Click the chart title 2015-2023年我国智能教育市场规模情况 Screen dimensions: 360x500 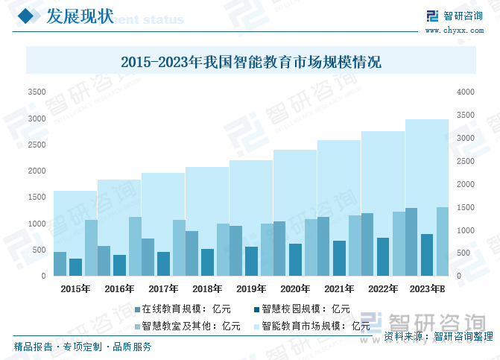250,62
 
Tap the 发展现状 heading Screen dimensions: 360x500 80,16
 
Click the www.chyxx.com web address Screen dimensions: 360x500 455,30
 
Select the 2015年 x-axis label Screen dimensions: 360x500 75,289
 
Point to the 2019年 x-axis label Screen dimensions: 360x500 251,289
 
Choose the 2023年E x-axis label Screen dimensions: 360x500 428,289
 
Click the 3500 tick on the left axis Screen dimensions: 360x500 37,92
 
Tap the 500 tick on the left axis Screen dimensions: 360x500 39,250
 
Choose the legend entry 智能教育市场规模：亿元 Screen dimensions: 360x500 311,326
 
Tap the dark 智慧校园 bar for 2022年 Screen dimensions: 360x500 383,257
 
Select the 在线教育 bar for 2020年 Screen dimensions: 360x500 279,249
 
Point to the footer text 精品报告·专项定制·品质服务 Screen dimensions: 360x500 83,347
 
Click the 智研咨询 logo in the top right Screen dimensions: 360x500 454,16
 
